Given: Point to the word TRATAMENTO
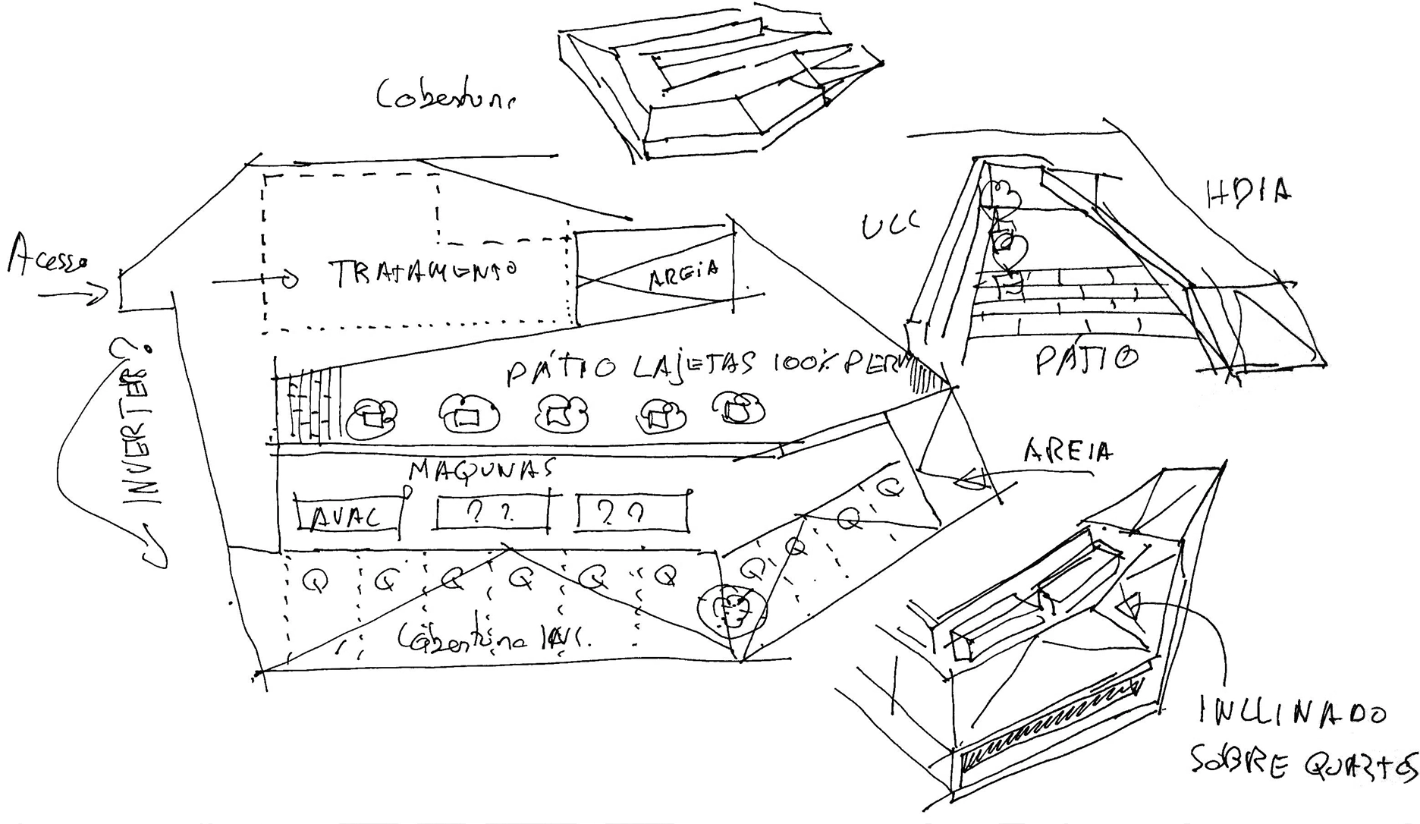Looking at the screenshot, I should (x=423, y=272).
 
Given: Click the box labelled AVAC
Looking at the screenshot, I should (x=348, y=515).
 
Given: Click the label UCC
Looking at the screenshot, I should (x=889, y=225).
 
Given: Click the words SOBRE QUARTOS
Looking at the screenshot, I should (x=1301, y=766).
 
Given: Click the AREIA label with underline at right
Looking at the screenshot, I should (x=1067, y=452).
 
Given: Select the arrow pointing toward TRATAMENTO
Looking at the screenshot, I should (x=254, y=281).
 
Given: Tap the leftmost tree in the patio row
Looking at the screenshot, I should (x=372, y=416).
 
